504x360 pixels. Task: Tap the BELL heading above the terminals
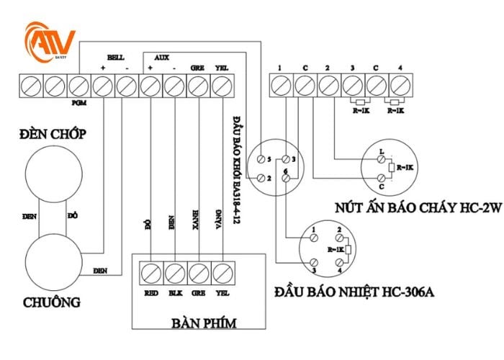116,57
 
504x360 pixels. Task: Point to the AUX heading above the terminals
163,57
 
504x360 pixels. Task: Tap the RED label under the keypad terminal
150,292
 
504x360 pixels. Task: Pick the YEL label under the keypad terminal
222,292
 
